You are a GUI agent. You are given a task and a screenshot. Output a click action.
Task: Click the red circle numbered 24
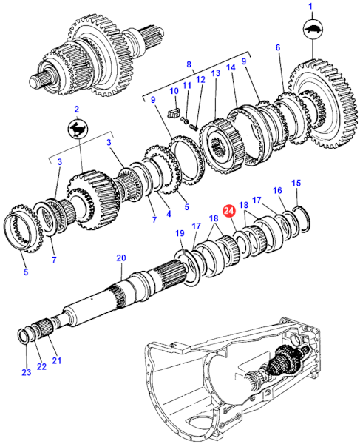[x=228, y=211]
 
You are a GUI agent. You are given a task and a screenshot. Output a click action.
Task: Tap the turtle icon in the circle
[x=313, y=29]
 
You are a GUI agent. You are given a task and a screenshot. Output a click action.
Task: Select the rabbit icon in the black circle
[x=78, y=129]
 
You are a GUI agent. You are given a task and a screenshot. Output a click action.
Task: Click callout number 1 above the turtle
[x=310, y=6]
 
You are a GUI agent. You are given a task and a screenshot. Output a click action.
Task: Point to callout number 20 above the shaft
[x=121, y=258]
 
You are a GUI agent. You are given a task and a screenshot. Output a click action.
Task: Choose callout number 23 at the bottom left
[x=27, y=372]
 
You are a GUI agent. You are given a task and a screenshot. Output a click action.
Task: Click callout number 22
[x=41, y=366]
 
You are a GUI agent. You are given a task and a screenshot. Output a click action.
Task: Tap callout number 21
[x=57, y=360]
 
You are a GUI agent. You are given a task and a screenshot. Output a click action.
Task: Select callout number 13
[x=216, y=73]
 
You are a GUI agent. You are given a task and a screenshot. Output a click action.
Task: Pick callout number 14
[x=231, y=67]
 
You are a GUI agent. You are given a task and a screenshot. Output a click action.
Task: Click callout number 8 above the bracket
[x=189, y=64]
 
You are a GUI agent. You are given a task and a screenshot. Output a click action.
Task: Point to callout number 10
[x=174, y=91]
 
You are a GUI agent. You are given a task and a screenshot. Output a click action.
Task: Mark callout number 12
[x=200, y=80]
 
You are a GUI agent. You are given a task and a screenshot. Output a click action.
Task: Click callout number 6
[x=278, y=47]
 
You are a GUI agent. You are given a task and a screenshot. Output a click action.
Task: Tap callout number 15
[x=296, y=183]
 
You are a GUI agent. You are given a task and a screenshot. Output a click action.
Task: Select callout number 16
[x=277, y=190]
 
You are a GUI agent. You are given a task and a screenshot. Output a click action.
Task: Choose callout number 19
[x=180, y=233]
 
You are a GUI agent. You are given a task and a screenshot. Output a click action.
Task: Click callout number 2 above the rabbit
[x=76, y=109]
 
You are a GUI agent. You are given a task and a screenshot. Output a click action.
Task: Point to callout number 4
[x=169, y=214]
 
